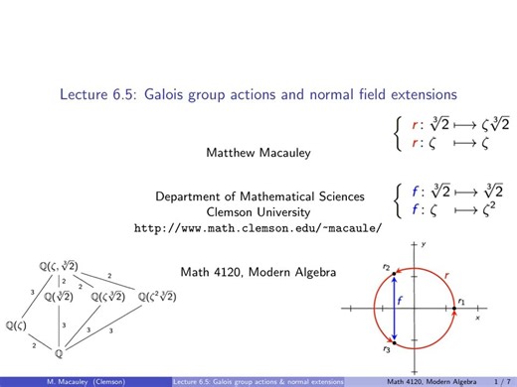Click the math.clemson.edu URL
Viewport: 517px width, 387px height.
pos(258,227)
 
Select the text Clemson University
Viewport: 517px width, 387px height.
pos(258,211)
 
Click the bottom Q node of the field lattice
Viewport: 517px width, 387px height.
pos(59,352)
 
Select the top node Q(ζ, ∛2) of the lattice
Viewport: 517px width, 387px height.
pos(59,264)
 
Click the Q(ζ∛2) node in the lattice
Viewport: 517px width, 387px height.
pos(109,295)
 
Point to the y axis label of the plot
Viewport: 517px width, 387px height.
pos(424,244)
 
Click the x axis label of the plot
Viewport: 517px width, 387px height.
pos(478,319)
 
